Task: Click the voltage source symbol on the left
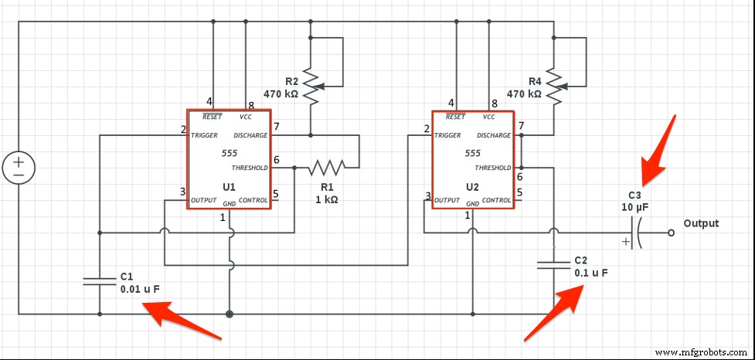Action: [18, 166]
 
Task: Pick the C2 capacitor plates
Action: [553, 265]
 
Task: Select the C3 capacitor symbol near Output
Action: [636, 232]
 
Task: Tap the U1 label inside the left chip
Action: [229, 187]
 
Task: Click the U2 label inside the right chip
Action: [473, 187]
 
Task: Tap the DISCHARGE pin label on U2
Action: [494, 135]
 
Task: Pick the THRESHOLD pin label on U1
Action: [249, 168]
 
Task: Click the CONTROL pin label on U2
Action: [496, 200]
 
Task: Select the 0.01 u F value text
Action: [140, 289]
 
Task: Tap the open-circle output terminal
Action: [669, 232]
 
